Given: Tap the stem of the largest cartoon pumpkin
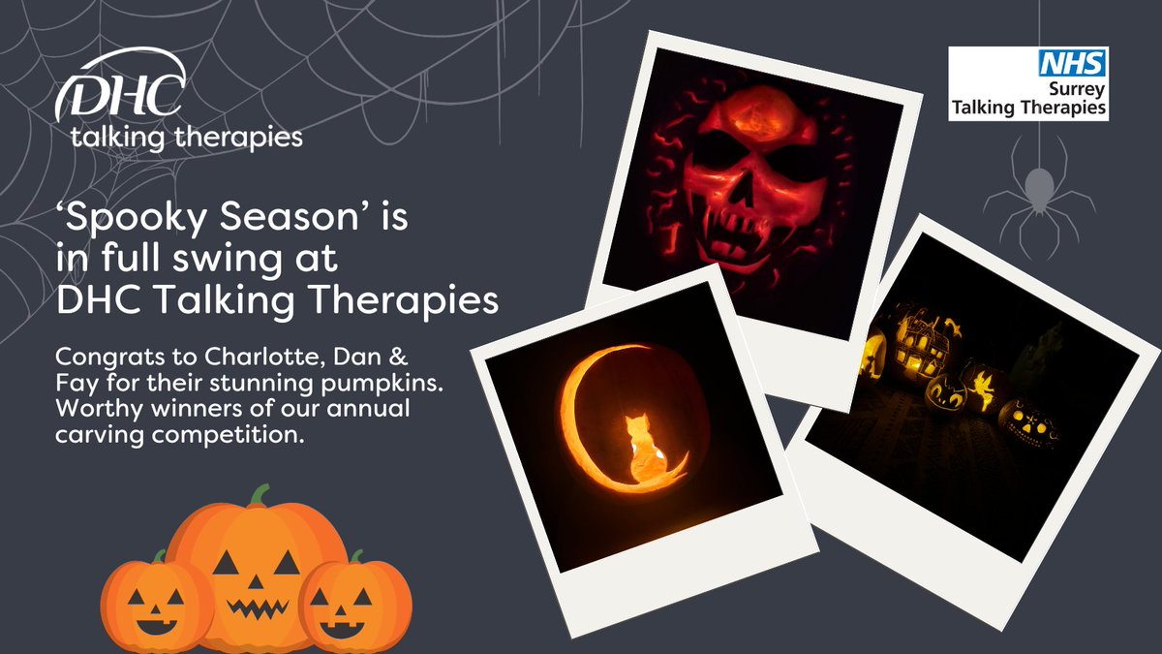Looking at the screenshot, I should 258,497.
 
